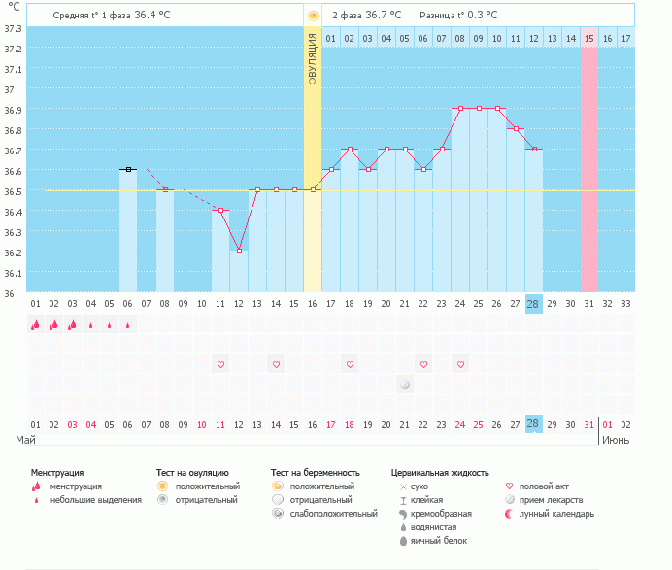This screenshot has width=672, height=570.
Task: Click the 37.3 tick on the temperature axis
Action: coord(14,27)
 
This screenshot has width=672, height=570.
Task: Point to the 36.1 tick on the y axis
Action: coord(14,273)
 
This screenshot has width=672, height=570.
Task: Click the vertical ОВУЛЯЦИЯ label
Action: coord(312,57)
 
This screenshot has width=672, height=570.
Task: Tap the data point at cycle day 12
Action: coord(239,251)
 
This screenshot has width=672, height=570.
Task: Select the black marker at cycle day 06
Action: coord(127,169)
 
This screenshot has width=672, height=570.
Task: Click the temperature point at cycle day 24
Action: coord(460,109)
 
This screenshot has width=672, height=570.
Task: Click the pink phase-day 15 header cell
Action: coord(588,38)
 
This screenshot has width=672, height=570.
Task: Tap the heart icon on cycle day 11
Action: coord(220,364)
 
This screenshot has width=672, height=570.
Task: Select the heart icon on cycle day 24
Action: coord(460,364)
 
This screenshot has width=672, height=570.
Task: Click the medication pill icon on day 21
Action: coord(405,385)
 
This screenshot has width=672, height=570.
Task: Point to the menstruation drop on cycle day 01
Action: coord(36,325)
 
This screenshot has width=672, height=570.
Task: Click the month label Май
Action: coord(26,440)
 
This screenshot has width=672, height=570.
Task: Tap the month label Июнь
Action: coord(617,440)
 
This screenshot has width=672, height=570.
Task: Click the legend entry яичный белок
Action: coord(435,540)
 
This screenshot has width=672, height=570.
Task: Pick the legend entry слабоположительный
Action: coord(331,513)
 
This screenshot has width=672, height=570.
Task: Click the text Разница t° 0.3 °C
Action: coord(458,16)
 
